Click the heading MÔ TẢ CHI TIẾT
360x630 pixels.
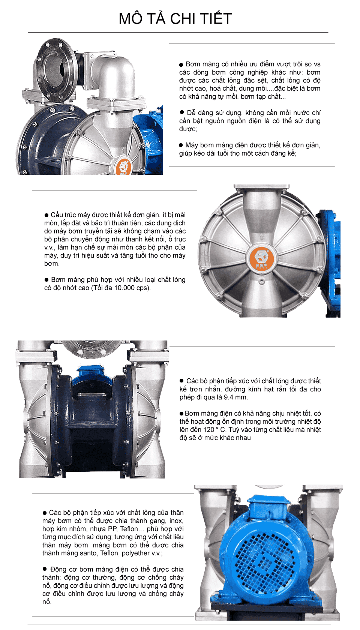[175, 19]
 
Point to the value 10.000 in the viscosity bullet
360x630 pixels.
[124, 288]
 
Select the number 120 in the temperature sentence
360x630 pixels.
[208, 429]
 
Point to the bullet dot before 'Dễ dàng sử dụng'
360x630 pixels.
[181, 112]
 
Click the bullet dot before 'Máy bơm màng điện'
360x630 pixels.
[181, 145]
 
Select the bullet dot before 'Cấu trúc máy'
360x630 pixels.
[46, 215]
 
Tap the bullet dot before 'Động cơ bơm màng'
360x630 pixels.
[44, 568]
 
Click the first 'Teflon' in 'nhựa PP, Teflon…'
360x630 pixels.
[129, 528]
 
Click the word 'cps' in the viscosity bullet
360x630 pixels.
[142, 288]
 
